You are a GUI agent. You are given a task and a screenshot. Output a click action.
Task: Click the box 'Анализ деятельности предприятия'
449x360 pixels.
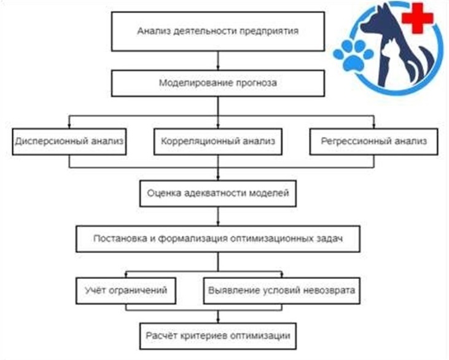(x=218, y=31)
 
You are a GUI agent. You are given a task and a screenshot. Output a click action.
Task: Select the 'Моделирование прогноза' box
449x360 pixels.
(x=218, y=84)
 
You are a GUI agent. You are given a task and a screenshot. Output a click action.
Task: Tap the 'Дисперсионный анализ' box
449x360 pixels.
(x=69, y=141)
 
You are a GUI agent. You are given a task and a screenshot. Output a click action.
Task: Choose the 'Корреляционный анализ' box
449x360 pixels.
(x=218, y=141)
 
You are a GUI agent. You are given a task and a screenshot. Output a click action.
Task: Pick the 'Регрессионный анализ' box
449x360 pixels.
(x=373, y=141)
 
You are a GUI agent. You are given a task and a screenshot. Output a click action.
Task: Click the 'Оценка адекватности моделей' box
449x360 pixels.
(x=218, y=194)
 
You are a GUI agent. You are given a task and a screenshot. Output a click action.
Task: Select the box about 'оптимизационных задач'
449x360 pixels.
(x=218, y=239)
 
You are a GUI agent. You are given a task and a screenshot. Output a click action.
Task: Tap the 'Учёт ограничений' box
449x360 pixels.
(x=126, y=291)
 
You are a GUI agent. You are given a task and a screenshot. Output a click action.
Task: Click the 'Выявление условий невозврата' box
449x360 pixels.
(x=282, y=291)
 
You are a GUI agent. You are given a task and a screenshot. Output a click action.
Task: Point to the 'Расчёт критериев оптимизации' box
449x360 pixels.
(x=218, y=336)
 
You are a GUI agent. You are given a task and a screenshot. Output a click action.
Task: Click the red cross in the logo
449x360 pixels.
(x=417, y=18)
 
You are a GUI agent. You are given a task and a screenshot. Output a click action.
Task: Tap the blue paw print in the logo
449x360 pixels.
(x=353, y=55)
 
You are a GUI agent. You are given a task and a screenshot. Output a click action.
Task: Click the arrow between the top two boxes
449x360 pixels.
(x=218, y=61)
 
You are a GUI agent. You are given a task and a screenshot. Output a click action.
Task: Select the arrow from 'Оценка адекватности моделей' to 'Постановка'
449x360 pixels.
(x=218, y=216)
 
